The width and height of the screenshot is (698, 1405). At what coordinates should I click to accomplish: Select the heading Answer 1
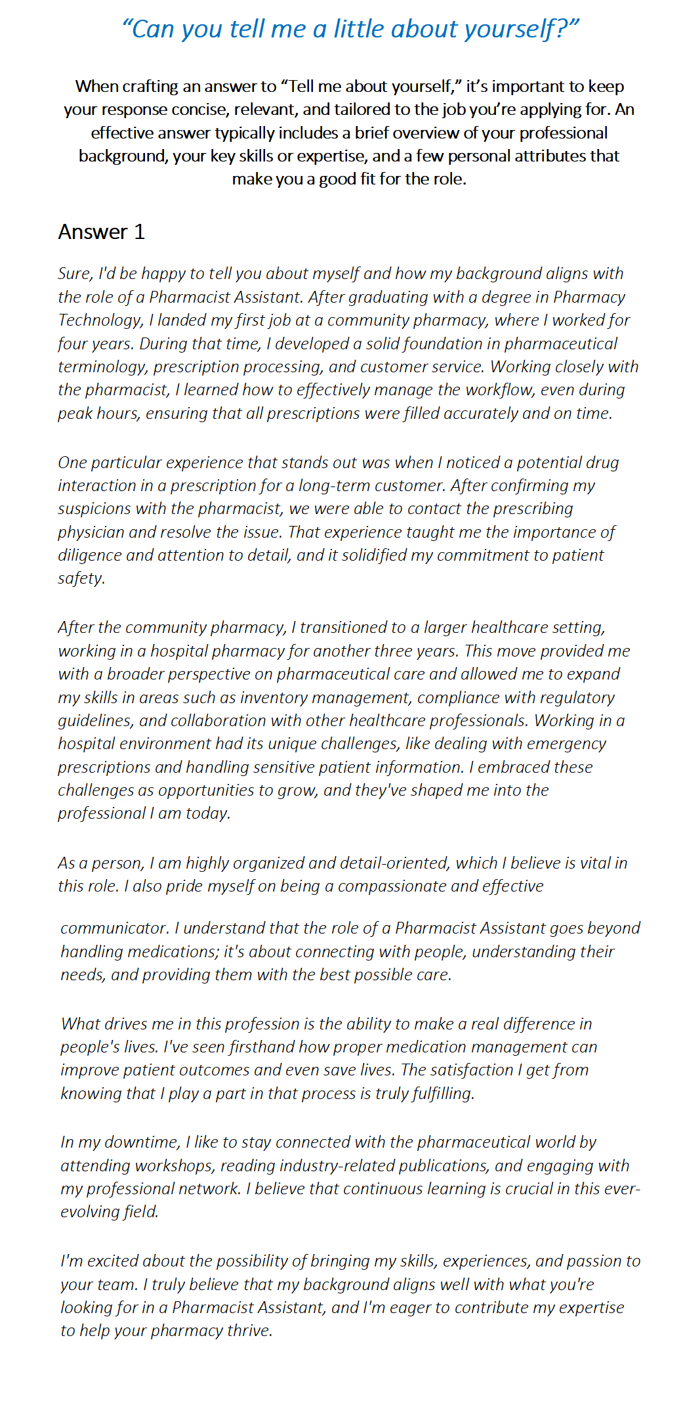pos(101,232)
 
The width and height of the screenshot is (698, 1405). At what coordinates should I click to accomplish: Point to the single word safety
pos(81,578)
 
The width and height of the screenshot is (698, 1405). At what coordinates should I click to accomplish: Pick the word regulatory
pos(577,697)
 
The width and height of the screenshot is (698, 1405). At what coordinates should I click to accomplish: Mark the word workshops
pos(174,1166)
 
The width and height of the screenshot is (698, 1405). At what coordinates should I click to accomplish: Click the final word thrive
pos(249,1331)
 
